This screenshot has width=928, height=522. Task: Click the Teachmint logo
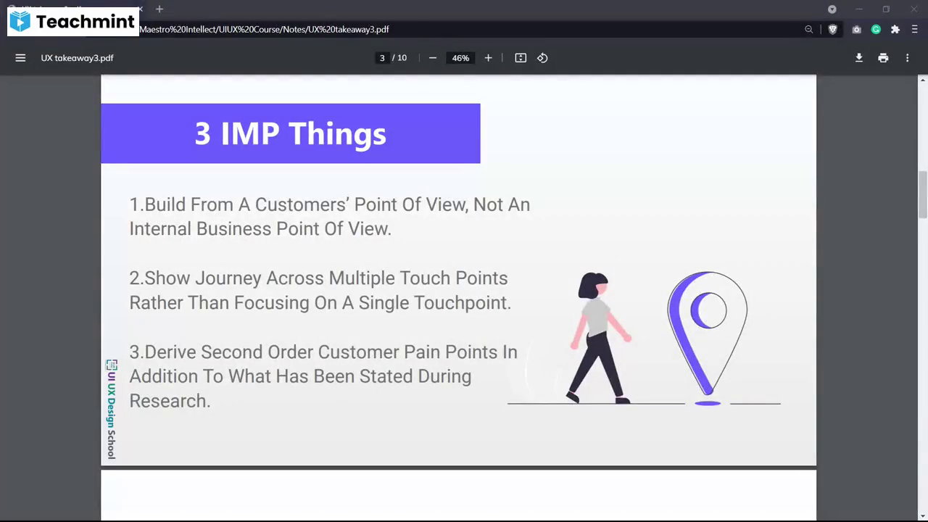coord(72,22)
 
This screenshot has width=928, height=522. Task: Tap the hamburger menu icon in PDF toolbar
coord(20,58)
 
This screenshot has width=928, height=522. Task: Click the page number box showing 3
coord(382,58)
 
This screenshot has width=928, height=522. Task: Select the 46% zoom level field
coord(460,58)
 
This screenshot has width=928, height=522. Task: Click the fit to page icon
coord(521,58)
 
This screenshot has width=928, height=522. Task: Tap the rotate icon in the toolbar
coord(542,58)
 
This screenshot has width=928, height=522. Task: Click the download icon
coord(859,58)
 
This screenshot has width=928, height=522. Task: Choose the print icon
coord(883,58)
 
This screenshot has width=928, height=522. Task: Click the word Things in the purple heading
coord(337,133)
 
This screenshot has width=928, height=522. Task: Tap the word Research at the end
coord(169,401)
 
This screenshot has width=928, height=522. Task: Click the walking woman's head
coord(594,286)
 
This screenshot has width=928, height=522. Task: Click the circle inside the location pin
coord(709,310)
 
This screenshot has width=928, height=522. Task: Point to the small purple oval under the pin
coord(708,403)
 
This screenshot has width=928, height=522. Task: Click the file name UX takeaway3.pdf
coord(77,58)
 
